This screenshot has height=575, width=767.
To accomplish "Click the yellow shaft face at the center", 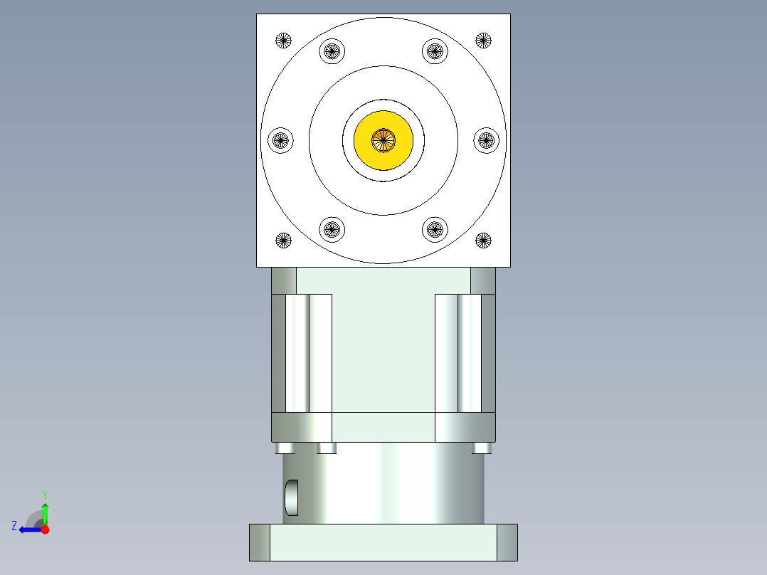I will point(398,153).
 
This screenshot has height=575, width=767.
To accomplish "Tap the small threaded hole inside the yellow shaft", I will point(383,140).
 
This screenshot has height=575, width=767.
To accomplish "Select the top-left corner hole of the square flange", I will point(284,41).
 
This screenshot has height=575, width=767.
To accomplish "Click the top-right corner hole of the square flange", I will point(484,41).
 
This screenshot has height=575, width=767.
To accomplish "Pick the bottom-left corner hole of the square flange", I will point(284,241).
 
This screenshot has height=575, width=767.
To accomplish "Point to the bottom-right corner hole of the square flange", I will point(484,241).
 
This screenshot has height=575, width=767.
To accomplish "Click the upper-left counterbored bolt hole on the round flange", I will point(332,51).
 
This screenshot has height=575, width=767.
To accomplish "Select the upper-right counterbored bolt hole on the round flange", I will point(435,51).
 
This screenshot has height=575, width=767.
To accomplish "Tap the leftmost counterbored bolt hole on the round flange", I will point(280,140).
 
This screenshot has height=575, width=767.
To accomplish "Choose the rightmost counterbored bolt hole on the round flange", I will point(487,140).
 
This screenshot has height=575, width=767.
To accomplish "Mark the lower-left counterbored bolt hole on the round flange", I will point(332,229).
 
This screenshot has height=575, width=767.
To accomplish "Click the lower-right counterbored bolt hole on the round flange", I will point(435,229).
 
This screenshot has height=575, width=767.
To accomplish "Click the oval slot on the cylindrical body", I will point(292,497).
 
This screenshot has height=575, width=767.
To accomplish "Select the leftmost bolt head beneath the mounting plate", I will point(285,448).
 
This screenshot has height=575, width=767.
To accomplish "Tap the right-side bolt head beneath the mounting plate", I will point(482,448).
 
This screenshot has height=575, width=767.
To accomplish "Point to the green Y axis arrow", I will point(45,511).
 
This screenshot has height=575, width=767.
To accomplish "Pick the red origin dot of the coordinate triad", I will point(45,529).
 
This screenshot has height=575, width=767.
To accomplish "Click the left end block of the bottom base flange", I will point(260,542).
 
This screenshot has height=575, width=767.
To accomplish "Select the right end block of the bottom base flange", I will point(507,542).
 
